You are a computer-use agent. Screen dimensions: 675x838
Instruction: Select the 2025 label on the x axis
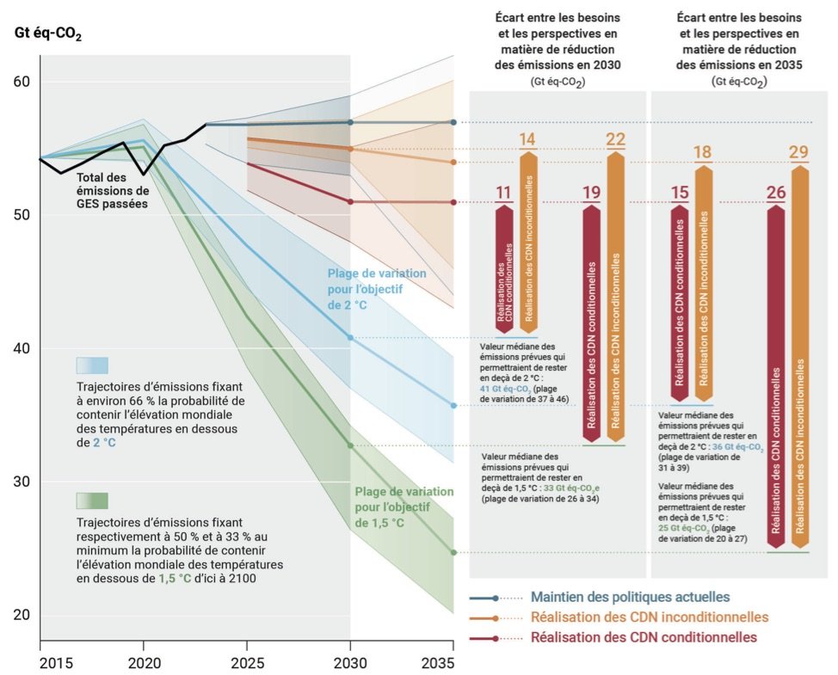246,663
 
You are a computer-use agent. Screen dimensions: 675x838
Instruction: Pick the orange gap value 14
527,140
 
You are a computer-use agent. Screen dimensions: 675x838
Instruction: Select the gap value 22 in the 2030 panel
615,140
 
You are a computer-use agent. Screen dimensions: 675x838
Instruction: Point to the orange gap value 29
799,153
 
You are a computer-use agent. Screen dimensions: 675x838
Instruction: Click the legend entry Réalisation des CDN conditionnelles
644,637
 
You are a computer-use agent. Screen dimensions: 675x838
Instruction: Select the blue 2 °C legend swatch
92,365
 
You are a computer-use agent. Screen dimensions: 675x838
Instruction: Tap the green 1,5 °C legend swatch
92,500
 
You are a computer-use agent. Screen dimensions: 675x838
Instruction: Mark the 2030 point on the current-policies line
350,122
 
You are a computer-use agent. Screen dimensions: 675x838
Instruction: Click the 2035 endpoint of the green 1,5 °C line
453,552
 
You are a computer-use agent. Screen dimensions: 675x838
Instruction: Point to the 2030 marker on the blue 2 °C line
350,338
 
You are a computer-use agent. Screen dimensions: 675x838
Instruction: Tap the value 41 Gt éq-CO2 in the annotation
508,388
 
